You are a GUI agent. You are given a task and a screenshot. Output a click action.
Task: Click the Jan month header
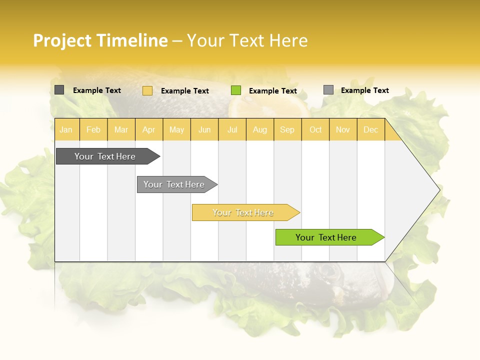point(66,129)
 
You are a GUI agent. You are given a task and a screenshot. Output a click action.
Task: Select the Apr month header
point(149,129)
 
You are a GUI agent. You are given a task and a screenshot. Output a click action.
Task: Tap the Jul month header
point(232,129)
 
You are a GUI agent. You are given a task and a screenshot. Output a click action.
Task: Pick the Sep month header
point(287,129)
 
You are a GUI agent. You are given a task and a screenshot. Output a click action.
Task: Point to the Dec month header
point(370,129)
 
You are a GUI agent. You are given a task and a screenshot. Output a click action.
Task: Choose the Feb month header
point(93,129)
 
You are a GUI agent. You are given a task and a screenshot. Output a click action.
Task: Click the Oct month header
point(315,129)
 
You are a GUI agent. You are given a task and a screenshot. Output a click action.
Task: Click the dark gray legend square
point(59,90)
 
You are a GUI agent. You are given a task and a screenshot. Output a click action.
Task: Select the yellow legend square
point(147,90)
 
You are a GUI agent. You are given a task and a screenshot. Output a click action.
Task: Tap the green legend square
point(236,90)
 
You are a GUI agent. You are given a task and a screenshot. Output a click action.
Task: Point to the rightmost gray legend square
point(328,90)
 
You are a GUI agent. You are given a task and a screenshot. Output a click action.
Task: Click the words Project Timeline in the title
point(100,40)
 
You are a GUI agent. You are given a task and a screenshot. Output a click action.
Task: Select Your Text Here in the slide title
point(247,40)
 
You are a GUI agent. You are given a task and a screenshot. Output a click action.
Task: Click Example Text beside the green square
point(272,91)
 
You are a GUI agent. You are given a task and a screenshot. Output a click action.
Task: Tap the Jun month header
point(204,129)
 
